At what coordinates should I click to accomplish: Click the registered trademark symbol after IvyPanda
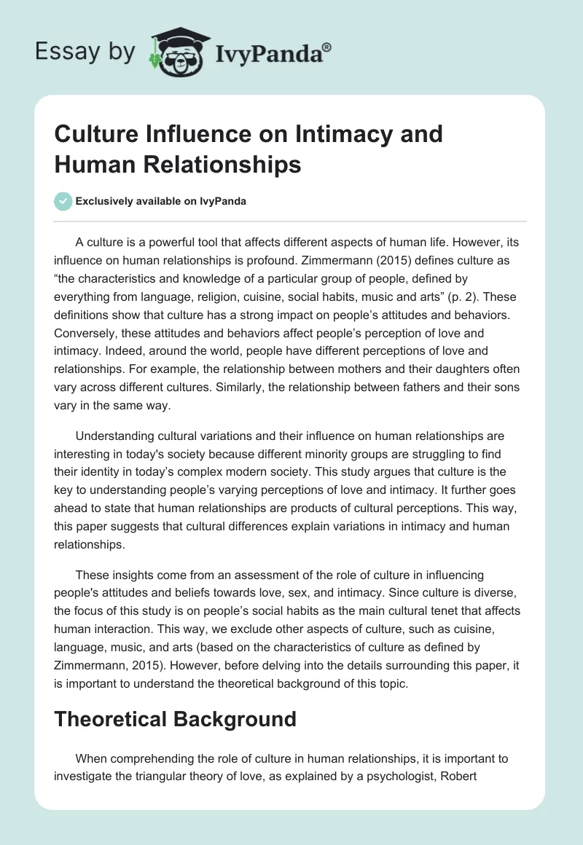(x=327, y=47)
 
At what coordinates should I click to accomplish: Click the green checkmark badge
(x=63, y=202)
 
